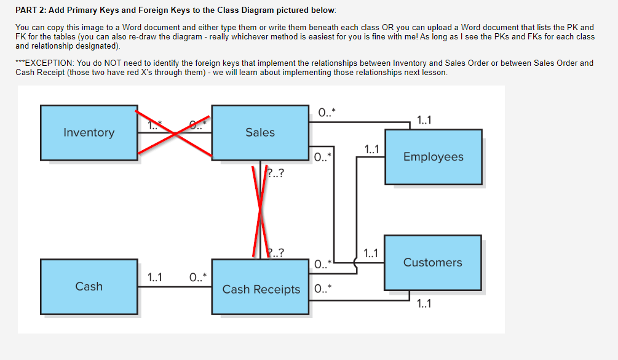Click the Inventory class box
(x=89, y=132)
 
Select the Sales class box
(x=259, y=132)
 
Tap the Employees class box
(x=433, y=157)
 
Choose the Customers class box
(x=432, y=262)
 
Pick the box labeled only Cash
(x=89, y=286)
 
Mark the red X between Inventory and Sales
(x=174, y=132)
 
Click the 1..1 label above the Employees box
(x=424, y=121)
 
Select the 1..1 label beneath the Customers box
(x=424, y=303)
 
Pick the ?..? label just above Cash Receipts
(x=276, y=252)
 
